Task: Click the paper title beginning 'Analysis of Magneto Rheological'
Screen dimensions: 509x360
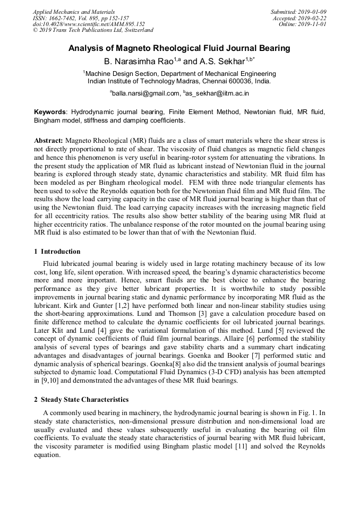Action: pos(179,48)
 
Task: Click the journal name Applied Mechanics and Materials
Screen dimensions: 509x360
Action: pos(74,12)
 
